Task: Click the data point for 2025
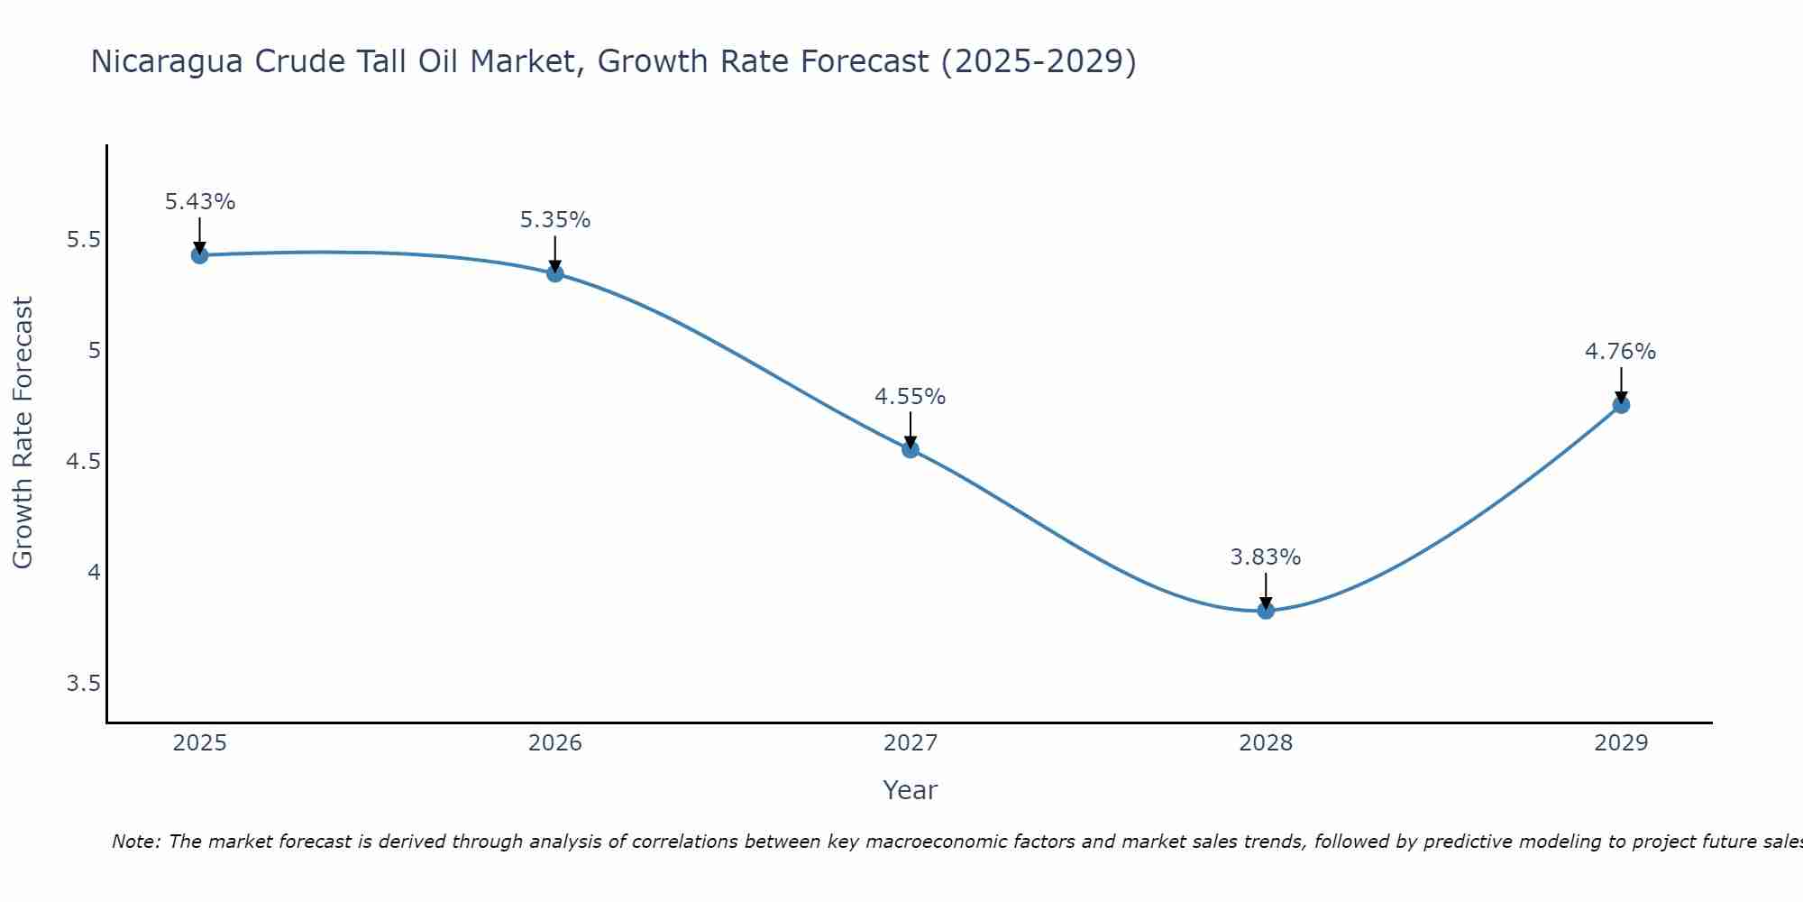200,255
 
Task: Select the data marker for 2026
555,273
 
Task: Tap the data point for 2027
911,449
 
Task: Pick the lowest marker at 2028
1266,611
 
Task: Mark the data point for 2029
1621,405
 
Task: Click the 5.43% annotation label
200,202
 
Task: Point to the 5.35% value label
555,220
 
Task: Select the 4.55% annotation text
911,397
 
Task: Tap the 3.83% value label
1266,557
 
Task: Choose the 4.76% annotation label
1621,352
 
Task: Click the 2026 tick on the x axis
555,743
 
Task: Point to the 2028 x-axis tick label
1266,743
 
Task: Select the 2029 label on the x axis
1621,743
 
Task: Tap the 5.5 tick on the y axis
83,240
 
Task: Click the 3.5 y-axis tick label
83,684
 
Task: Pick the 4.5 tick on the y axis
83,462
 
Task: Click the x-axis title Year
911,790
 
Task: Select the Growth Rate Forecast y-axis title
23,433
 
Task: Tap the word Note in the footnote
134,842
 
